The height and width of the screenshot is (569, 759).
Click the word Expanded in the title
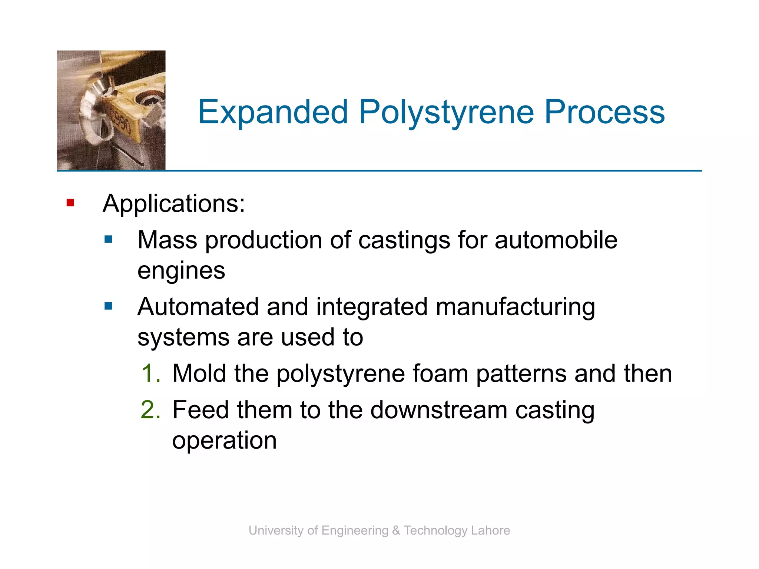tap(273, 112)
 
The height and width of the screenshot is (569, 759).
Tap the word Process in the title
tap(604, 112)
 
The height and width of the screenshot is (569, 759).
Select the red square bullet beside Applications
tap(70, 203)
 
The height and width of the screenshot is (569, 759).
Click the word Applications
tap(173, 204)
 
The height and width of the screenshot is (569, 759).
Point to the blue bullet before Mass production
tap(108, 239)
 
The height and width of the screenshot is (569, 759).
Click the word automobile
tap(556, 240)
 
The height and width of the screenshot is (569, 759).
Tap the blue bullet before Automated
tap(108, 306)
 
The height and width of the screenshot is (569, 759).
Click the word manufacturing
tap(515, 307)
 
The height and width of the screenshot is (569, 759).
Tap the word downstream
tap(439, 410)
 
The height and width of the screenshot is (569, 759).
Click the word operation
tap(224, 441)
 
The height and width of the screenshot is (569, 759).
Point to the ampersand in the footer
tap(396, 530)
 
